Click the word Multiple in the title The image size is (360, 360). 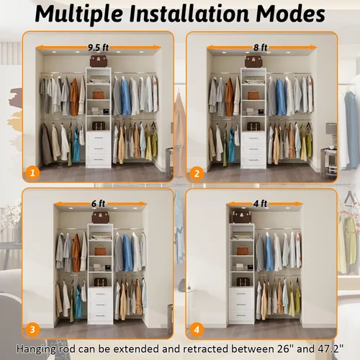[79, 13]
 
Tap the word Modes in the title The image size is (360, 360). [291, 13]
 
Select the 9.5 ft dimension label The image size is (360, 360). [98, 48]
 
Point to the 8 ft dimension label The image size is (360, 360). [261, 48]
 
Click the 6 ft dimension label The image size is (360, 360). [98, 204]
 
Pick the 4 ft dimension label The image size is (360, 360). [261, 204]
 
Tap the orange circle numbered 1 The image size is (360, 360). [32, 173]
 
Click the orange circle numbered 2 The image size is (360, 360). [197, 174]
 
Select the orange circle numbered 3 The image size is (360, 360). [32, 330]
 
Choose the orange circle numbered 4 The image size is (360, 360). [197, 330]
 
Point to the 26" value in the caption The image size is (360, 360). [284, 348]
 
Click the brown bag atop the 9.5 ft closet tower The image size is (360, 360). [99, 61]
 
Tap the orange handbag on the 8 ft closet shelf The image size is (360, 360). [253, 94]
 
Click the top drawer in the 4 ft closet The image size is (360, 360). [241, 293]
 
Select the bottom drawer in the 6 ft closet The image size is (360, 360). [100, 316]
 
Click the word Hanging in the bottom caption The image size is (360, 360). [36, 349]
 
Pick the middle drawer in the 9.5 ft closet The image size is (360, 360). [99, 148]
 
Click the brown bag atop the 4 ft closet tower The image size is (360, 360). [242, 217]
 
